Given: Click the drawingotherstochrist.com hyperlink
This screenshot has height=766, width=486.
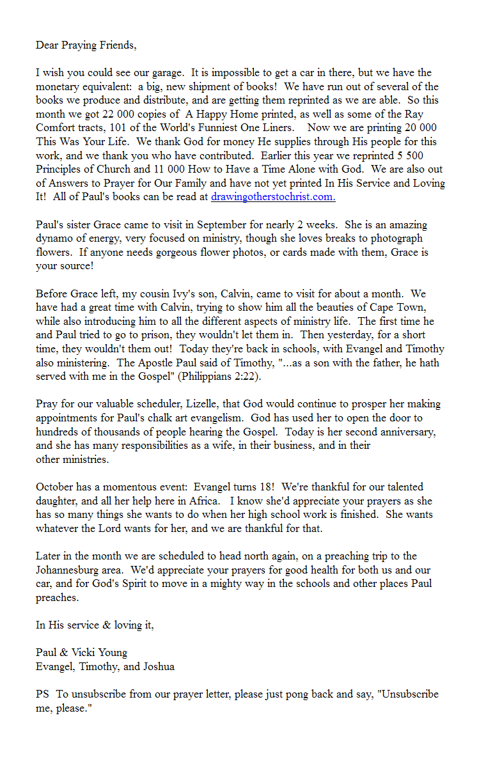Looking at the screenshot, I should click(273, 197).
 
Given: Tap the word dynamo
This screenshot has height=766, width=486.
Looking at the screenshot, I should click(53, 238).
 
